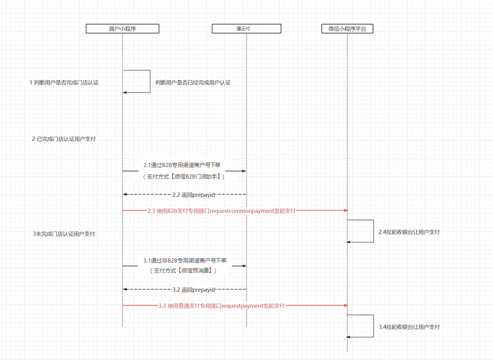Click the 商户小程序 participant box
pos(122,29)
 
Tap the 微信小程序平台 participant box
pos(347,29)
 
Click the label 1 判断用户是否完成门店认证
pos(64,82)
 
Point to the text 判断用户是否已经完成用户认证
pos(193,82)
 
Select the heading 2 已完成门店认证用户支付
pos(64,139)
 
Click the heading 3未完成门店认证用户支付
pos(64,233)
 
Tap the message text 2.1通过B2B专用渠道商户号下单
pos(185,164)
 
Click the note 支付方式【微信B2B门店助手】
pos(184,176)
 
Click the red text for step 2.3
pos(221,211)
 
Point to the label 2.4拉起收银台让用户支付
pos(409,232)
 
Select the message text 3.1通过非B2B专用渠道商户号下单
pos(185,260)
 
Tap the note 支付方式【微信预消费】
pos(184,270)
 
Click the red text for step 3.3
pos(221,305)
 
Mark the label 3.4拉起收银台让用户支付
pos(409,327)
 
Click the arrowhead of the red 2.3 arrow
pos(345,211)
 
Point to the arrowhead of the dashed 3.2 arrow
pos(125,289)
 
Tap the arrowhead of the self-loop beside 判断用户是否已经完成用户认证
pos(125,92)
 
